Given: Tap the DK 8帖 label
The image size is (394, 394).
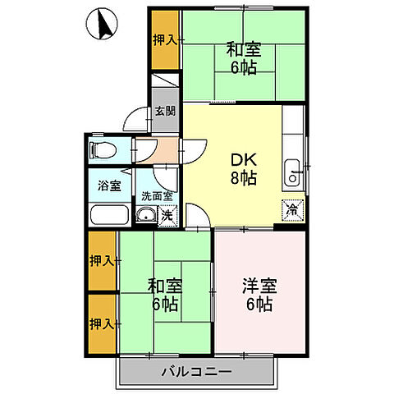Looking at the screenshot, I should pos(243,167).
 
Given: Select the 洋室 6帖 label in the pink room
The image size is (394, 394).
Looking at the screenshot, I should pos(259,295).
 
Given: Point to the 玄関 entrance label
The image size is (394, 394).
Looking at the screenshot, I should pos(164,112).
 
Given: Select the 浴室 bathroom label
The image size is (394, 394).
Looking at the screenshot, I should pos(110,186).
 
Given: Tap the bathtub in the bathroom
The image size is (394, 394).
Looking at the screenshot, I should pos(108,217).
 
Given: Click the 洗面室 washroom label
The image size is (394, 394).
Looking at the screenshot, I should pos(156,196).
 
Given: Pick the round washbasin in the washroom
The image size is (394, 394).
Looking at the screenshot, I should pos(145,217).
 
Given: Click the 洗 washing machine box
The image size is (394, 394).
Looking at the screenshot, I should pos(166,217).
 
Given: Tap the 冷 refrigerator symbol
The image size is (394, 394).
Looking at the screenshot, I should pos(292,209).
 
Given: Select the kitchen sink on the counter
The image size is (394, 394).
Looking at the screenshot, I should pos(292,175).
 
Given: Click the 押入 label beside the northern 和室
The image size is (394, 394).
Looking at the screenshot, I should pos(164,39).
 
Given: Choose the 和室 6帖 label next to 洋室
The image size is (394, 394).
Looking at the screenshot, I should pos(164,295).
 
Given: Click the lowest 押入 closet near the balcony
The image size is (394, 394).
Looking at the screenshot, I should pos(102,323).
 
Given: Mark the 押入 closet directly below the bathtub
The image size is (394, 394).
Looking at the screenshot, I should pos(102,261).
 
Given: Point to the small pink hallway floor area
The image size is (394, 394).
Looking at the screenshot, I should pos(167,150).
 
